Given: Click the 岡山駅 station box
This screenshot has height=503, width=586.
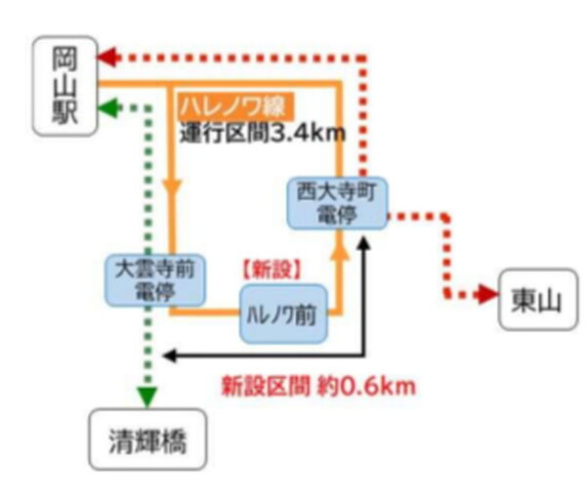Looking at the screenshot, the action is (x=65, y=86).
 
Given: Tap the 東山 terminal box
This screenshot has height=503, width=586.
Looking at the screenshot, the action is (x=538, y=299).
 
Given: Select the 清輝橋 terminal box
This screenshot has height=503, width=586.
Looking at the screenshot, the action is (x=147, y=440).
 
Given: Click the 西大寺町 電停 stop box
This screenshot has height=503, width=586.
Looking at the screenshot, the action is (x=337, y=203).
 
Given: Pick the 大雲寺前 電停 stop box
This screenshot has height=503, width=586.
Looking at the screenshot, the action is (x=155, y=280).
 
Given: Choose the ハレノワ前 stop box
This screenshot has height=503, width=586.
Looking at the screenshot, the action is (x=283, y=314).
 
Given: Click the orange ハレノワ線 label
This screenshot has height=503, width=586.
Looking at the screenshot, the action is (x=235, y=106).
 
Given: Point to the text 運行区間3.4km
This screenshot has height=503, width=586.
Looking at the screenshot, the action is (x=263, y=133).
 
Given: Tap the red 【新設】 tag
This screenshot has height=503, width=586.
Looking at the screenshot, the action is (x=272, y=270).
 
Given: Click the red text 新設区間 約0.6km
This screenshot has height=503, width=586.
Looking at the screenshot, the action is (x=318, y=386).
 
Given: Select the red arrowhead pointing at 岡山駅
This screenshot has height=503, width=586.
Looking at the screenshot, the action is (x=108, y=58).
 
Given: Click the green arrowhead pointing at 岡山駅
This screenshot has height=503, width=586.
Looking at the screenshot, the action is (x=108, y=108).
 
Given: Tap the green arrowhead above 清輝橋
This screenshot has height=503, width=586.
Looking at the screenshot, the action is (x=147, y=398).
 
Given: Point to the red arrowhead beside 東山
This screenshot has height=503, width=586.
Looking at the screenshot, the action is (x=487, y=294).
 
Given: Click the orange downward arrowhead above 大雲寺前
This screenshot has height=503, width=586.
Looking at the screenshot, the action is (x=172, y=188).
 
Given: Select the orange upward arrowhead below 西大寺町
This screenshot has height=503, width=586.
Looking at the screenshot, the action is (x=340, y=251).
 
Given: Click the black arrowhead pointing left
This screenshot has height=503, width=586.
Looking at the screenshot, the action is (x=170, y=356).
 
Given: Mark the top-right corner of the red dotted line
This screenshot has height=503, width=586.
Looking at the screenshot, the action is (x=363, y=58).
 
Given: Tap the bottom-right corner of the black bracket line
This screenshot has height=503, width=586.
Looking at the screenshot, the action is (x=364, y=356).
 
